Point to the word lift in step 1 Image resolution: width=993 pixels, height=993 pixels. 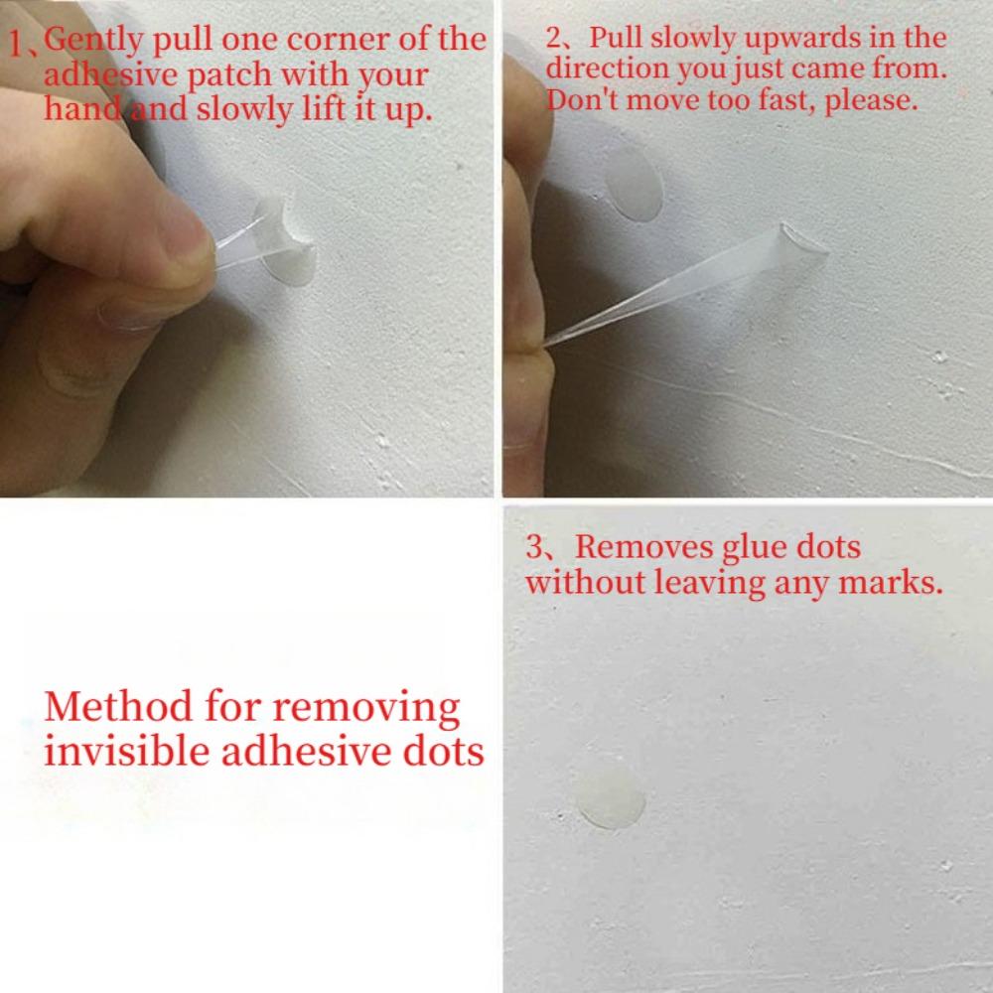(x=324, y=108)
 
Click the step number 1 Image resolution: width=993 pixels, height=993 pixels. (x=18, y=45)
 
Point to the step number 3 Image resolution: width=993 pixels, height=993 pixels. (x=534, y=548)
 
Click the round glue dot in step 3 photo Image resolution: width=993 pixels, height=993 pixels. (x=612, y=797)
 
